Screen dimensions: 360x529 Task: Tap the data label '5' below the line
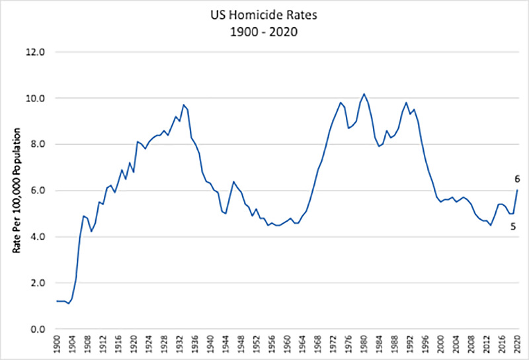click(x=513, y=227)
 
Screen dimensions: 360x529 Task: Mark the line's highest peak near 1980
click(x=364, y=94)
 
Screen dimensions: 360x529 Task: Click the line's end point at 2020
click(x=516, y=190)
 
